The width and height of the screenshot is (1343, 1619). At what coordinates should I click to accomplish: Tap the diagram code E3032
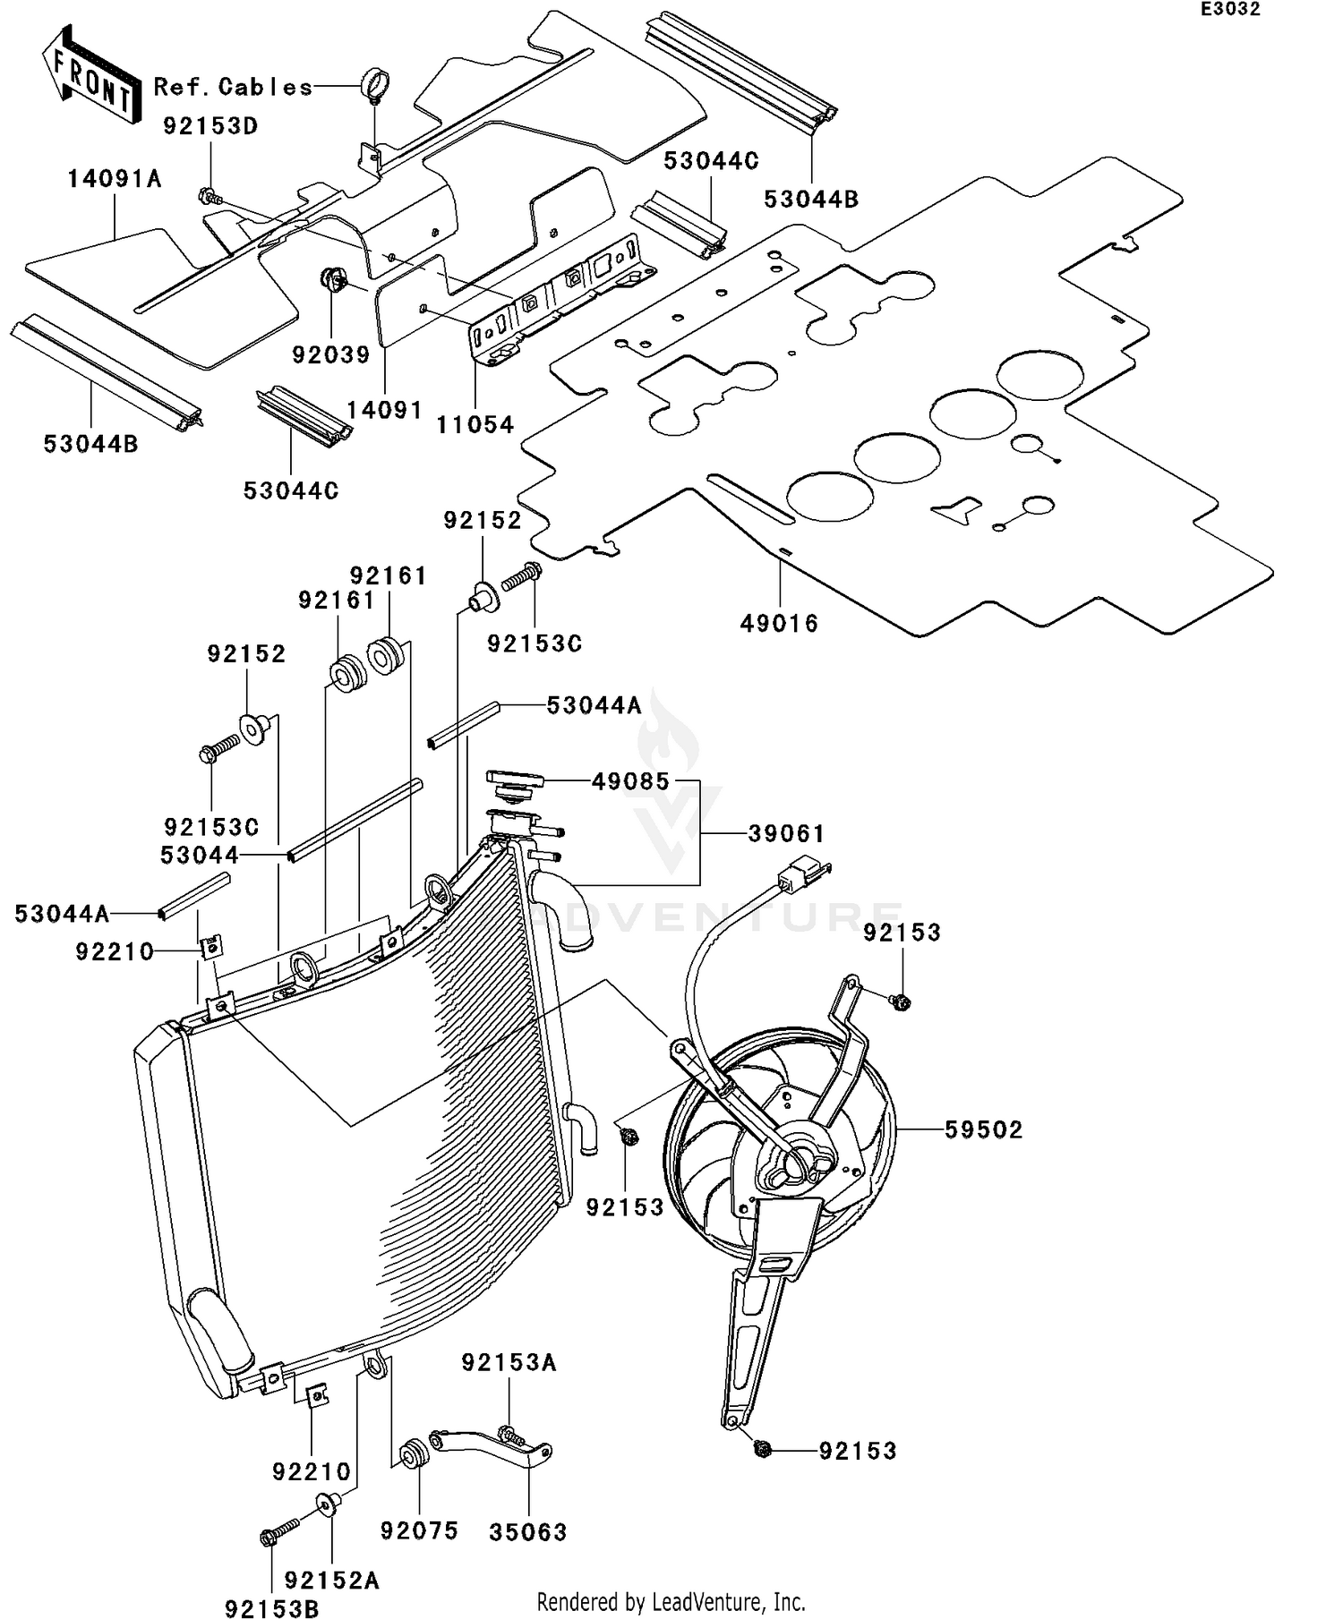point(1230,10)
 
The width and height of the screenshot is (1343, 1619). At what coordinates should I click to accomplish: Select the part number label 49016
point(779,624)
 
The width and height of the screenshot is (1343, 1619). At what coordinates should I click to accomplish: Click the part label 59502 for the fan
point(983,1130)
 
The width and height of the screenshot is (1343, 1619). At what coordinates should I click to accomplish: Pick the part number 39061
point(786,834)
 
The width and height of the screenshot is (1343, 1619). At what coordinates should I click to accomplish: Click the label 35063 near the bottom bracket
point(528,1532)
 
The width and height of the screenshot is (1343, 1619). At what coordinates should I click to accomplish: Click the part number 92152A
point(332,1581)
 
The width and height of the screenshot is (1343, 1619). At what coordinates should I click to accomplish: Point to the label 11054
point(475,425)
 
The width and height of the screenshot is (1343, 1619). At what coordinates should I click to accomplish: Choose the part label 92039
point(331,355)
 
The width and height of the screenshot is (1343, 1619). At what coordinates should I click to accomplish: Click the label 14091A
point(115,180)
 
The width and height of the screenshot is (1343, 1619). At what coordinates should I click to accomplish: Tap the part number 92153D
point(210,126)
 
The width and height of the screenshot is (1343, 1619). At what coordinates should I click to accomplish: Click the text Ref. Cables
point(234,87)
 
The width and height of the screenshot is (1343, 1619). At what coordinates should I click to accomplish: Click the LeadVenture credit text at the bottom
point(671,1601)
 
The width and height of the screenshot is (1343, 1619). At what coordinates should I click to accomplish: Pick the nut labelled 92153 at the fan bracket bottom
point(763,1451)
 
